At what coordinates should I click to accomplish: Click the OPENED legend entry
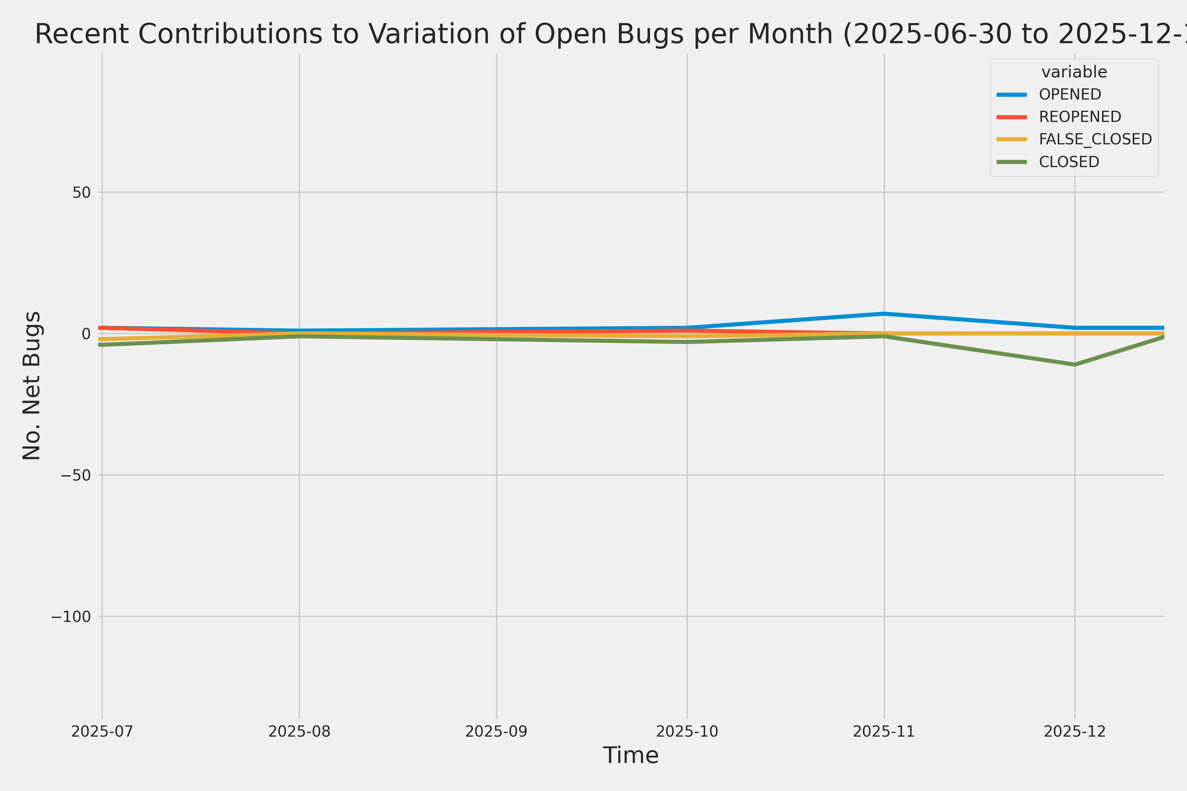click(1070, 94)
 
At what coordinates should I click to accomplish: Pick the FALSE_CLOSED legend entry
click(1095, 139)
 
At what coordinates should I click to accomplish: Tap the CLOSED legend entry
click(1069, 162)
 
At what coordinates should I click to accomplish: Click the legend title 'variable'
click(1074, 72)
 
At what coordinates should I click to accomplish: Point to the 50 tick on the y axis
click(81, 192)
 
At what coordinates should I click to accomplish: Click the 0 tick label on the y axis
click(86, 334)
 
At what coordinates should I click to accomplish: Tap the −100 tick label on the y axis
click(71, 616)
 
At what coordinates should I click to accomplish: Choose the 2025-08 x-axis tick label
click(299, 731)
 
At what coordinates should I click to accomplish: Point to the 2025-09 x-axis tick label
click(496, 731)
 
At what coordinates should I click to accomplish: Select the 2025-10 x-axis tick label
click(687, 731)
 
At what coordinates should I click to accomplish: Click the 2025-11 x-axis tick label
click(884, 731)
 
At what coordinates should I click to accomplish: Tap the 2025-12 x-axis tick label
click(1075, 731)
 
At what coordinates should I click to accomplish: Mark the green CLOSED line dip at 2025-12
click(1075, 364)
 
